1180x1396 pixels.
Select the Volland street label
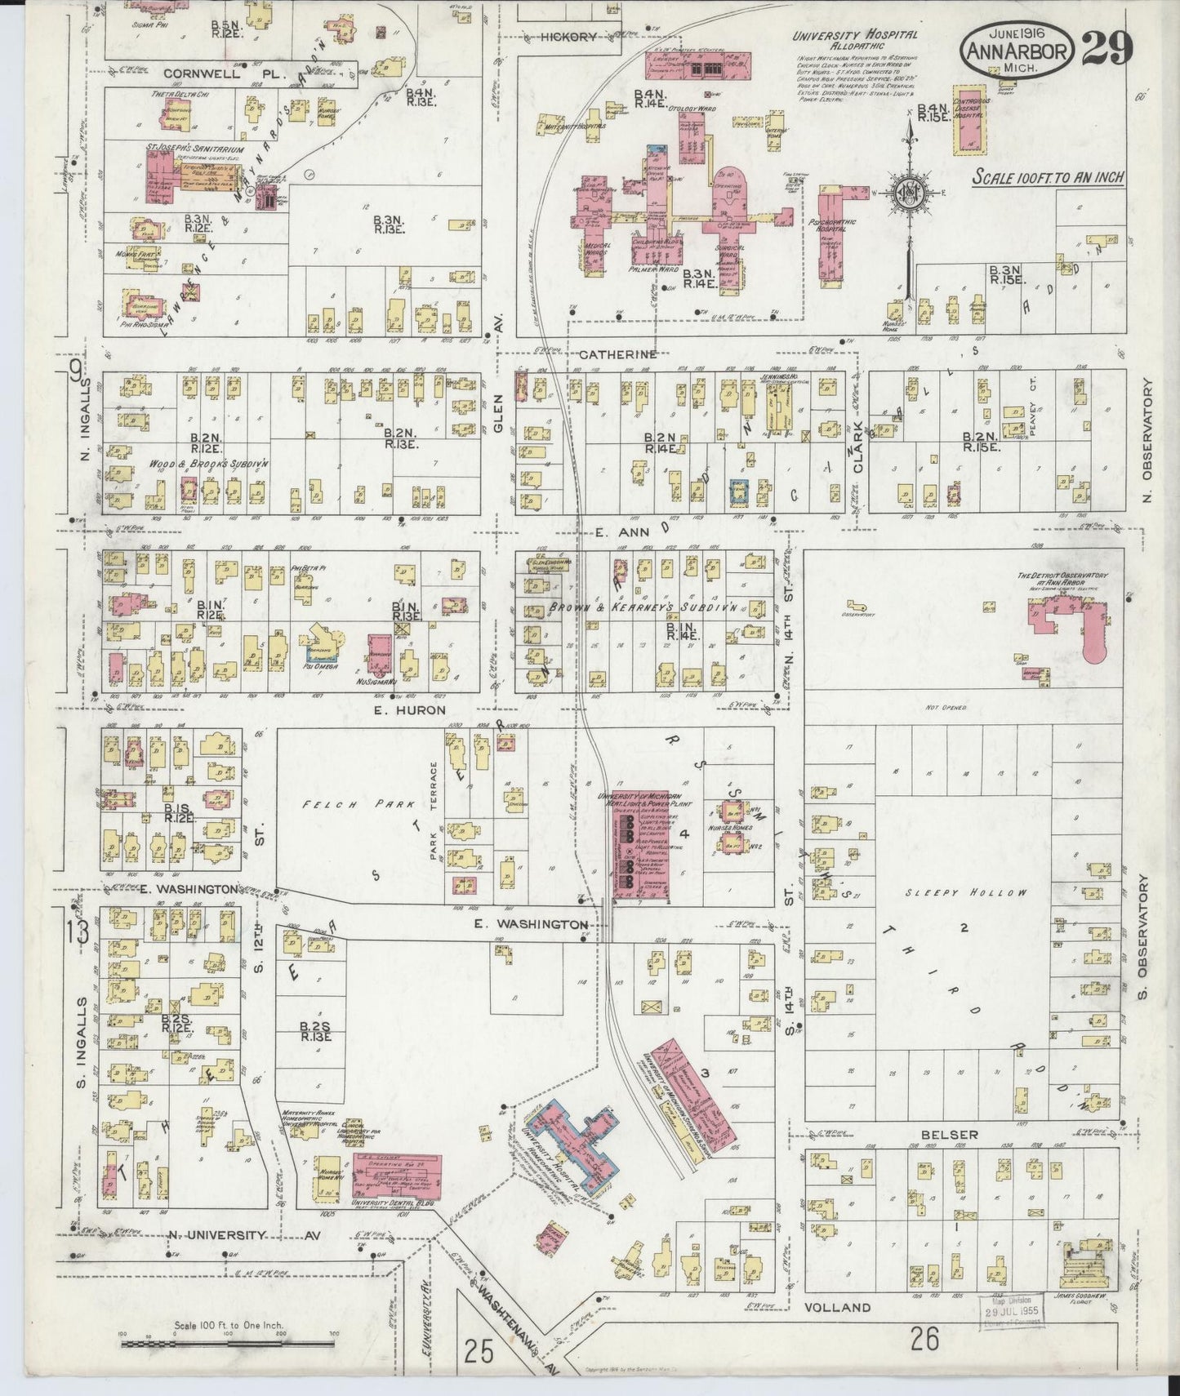pyautogui.click(x=838, y=1307)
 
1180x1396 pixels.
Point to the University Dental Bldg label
pyautogui.click(x=392, y=1203)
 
